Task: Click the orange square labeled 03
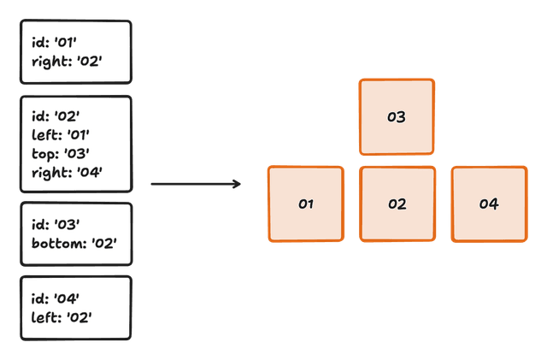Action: pos(397,116)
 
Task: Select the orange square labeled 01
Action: pos(306,204)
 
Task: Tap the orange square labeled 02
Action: pos(397,204)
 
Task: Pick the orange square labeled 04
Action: pos(489,204)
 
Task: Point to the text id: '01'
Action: pos(54,42)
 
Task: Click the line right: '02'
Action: pos(67,62)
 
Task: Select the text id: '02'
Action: pos(56,116)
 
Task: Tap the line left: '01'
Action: pos(61,135)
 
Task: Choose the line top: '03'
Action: pos(61,154)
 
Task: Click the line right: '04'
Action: pos(67,173)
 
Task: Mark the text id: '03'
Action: pos(56,224)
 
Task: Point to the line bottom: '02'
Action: pos(74,244)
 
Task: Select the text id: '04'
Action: pos(55,298)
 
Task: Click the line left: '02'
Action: pos(62,317)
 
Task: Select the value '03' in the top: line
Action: pos(77,153)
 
